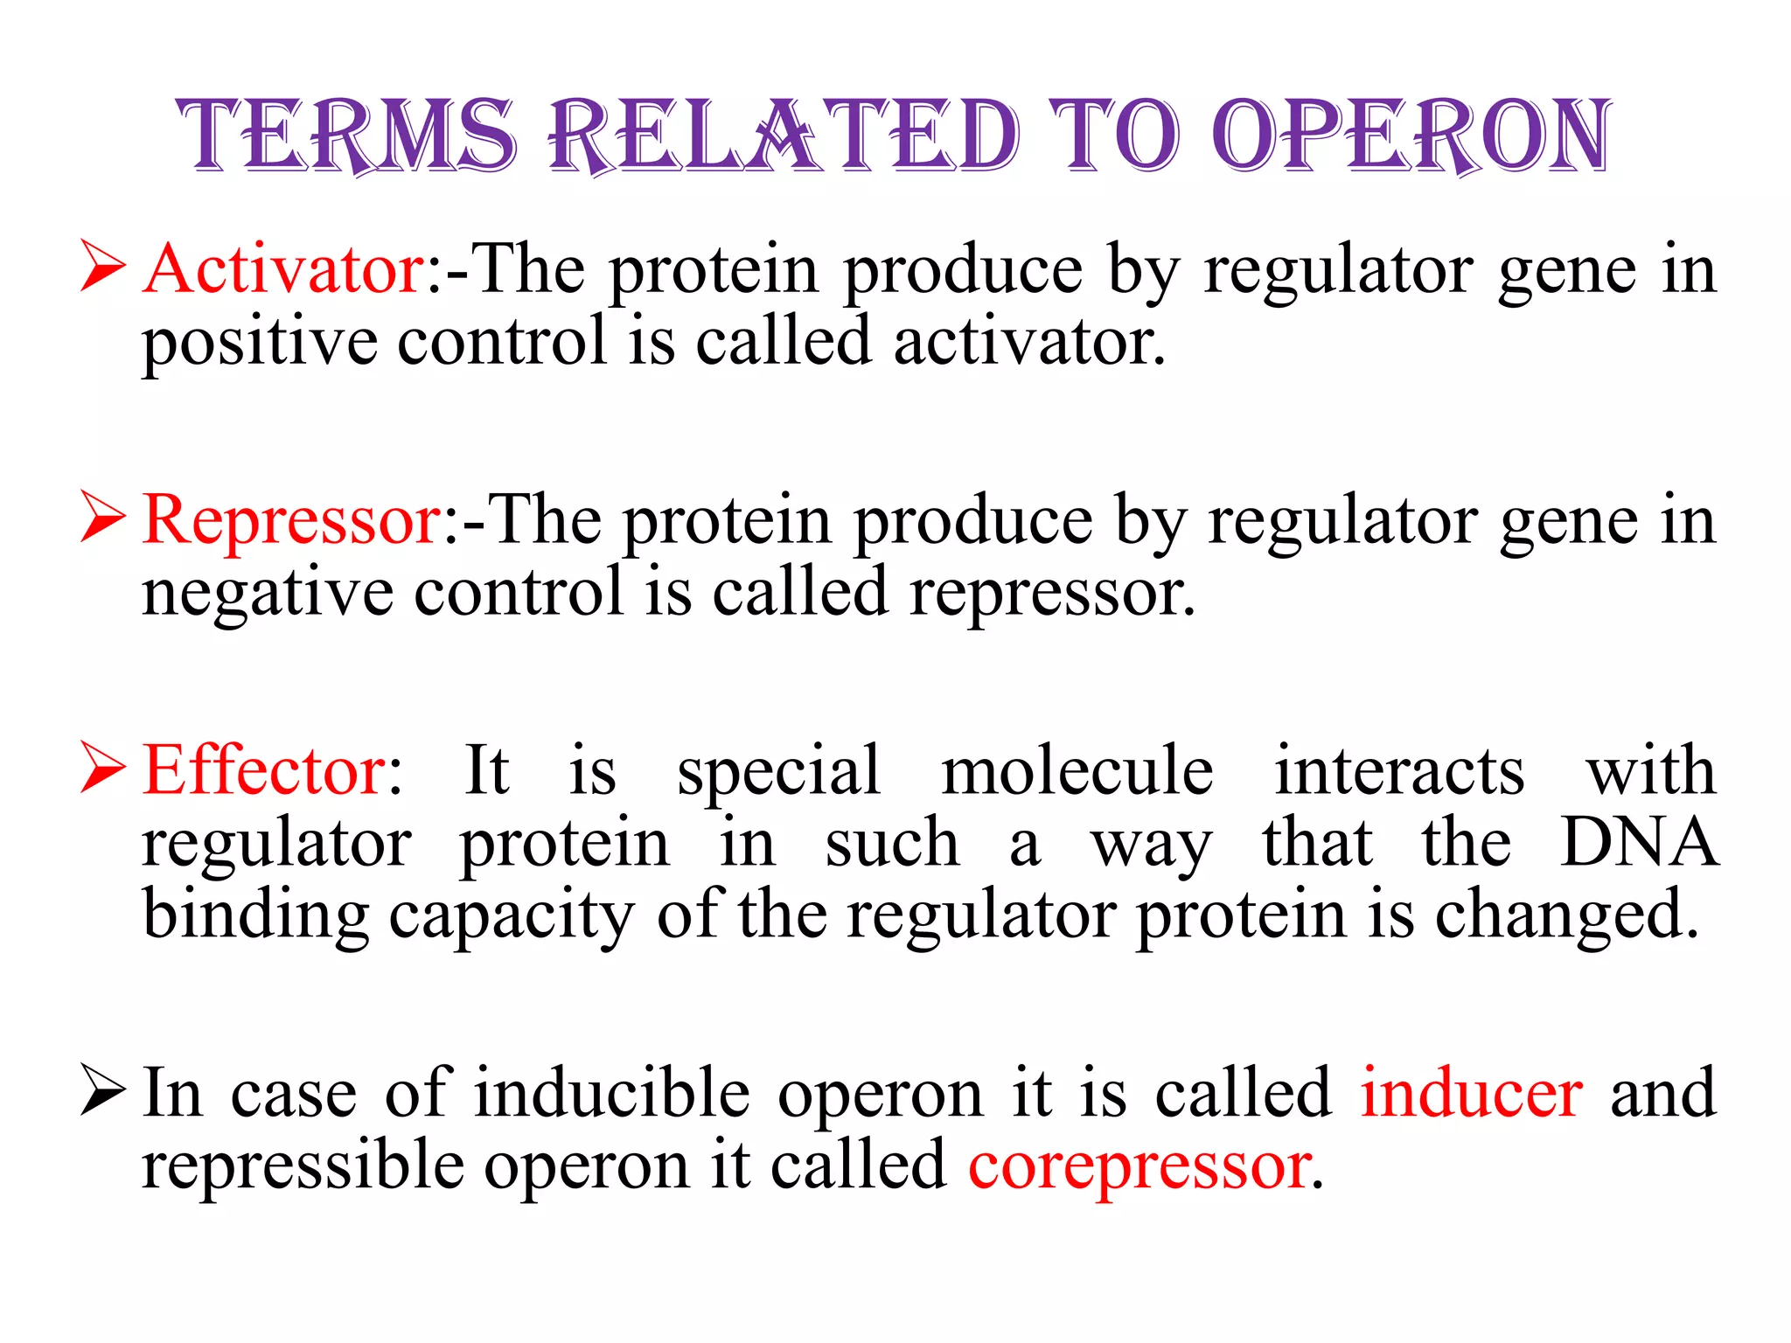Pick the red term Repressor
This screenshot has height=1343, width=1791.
[x=294, y=521]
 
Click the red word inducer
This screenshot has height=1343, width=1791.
[x=1472, y=1094]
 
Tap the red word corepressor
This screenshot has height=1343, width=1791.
[x=1140, y=1166]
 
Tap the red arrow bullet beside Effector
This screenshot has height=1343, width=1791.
[x=102, y=767]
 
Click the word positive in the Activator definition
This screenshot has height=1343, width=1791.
[x=260, y=343]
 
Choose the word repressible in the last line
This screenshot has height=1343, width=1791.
[x=303, y=1166]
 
